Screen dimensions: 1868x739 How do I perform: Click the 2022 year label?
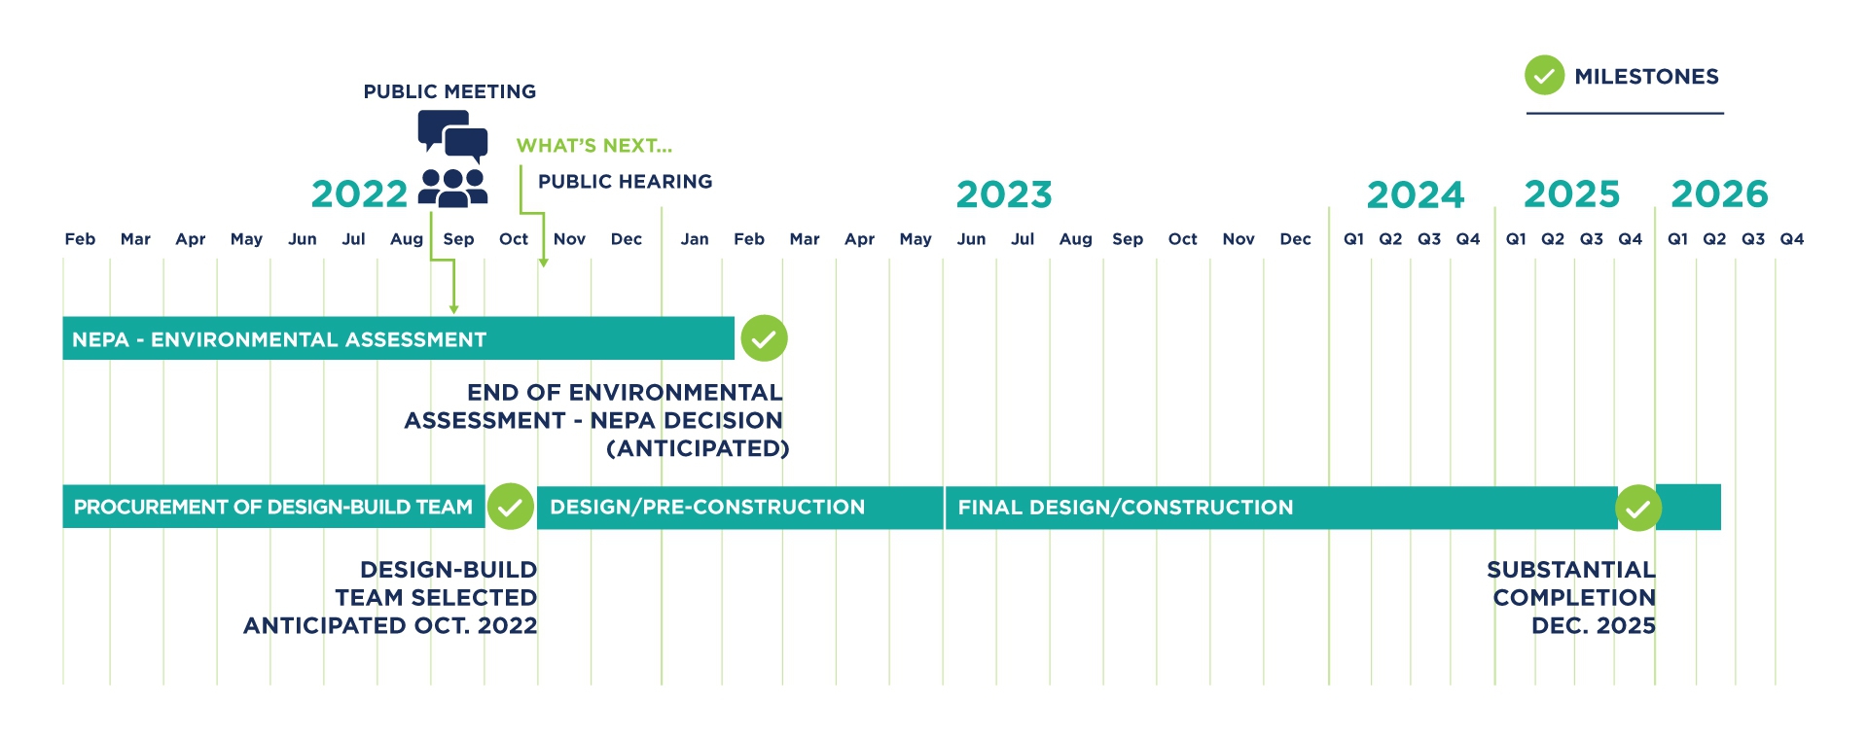(x=359, y=194)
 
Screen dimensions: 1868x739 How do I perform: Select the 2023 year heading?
(x=1004, y=194)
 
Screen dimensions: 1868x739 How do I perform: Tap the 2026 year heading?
(x=1719, y=194)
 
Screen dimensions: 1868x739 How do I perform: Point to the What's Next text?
(x=593, y=146)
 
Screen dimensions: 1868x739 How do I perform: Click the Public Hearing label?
(x=625, y=182)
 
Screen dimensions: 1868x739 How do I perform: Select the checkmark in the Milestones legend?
(x=1544, y=76)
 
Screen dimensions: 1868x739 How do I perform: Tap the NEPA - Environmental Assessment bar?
(x=398, y=338)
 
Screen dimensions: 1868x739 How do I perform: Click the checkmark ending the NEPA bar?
(x=764, y=338)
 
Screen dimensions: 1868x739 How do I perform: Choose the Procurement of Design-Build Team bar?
(x=273, y=507)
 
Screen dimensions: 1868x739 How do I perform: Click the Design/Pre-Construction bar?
(x=739, y=507)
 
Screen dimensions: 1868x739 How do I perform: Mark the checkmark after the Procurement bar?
(x=511, y=507)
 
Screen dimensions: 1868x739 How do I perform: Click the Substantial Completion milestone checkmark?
(x=1638, y=508)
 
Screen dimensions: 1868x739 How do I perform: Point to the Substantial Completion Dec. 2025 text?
(x=1571, y=597)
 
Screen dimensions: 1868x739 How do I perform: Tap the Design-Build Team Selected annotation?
(x=390, y=597)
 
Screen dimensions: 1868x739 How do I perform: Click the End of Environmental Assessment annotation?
(x=596, y=420)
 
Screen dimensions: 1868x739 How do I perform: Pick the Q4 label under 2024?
(x=1467, y=239)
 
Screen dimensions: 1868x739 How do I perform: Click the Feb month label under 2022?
(x=80, y=239)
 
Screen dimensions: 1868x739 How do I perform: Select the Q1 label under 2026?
(x=1677, y=239)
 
